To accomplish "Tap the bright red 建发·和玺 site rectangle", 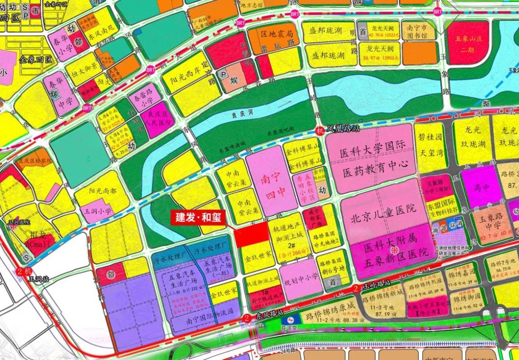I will (251, 236).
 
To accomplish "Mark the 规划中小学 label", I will (301, 276).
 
